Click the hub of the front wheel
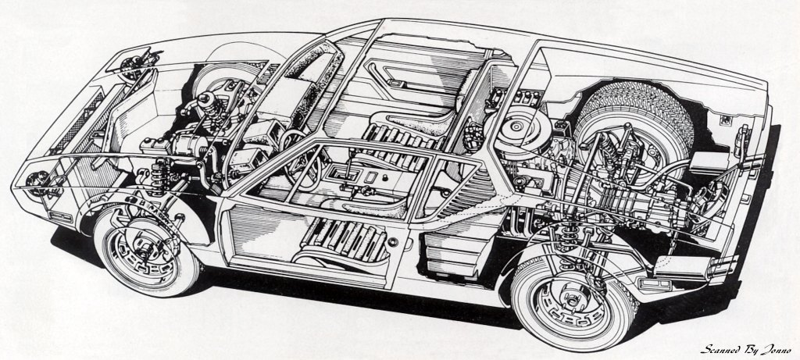click(x=142, y=252)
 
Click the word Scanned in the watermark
click(x=723, y=349)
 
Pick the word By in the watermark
click(x=752, y=349)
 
